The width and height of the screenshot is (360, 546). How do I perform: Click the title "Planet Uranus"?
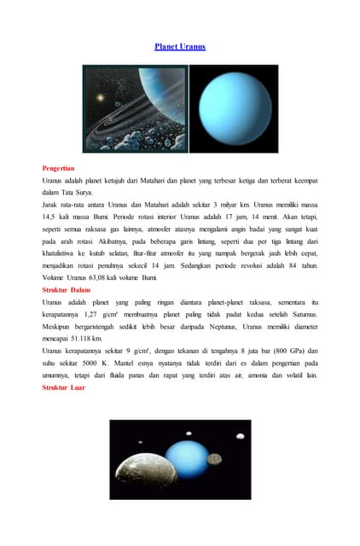click(180, 46)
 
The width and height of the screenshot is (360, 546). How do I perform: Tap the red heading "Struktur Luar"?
click(64, 387)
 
